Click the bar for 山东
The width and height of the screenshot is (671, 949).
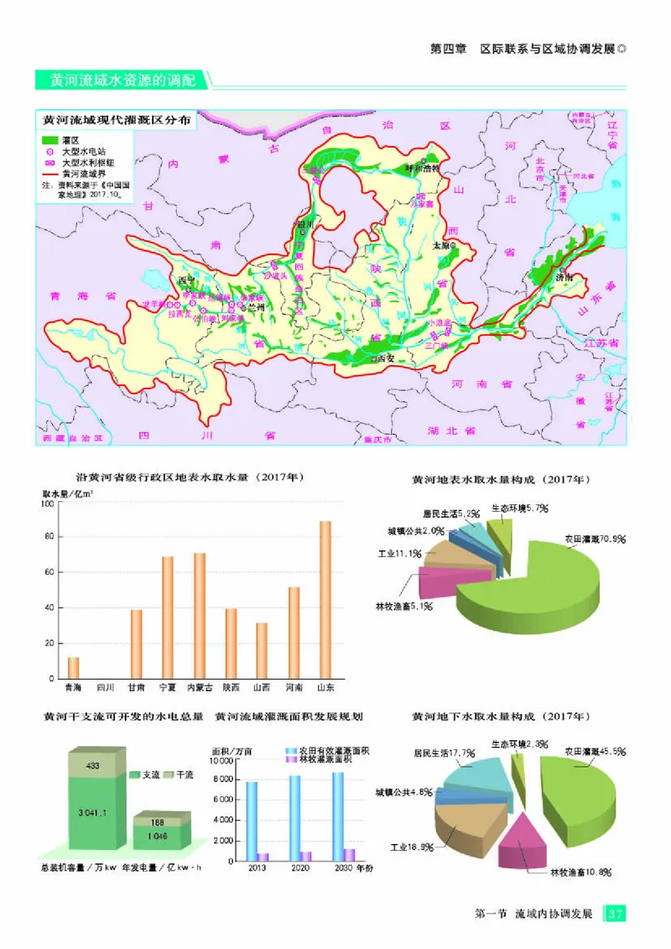[325, 599]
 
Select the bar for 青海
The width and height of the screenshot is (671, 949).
[74, 668]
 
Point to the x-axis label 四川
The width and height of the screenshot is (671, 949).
[105, 688]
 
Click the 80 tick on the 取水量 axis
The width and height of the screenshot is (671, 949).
[50, 537]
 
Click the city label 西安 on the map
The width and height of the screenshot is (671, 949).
[386, 358]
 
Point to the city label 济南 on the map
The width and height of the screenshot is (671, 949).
[564, 276]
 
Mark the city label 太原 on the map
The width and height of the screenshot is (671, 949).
[442, 247]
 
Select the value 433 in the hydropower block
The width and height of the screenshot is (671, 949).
[92, 765]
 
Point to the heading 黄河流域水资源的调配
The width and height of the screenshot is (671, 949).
[122, 81]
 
